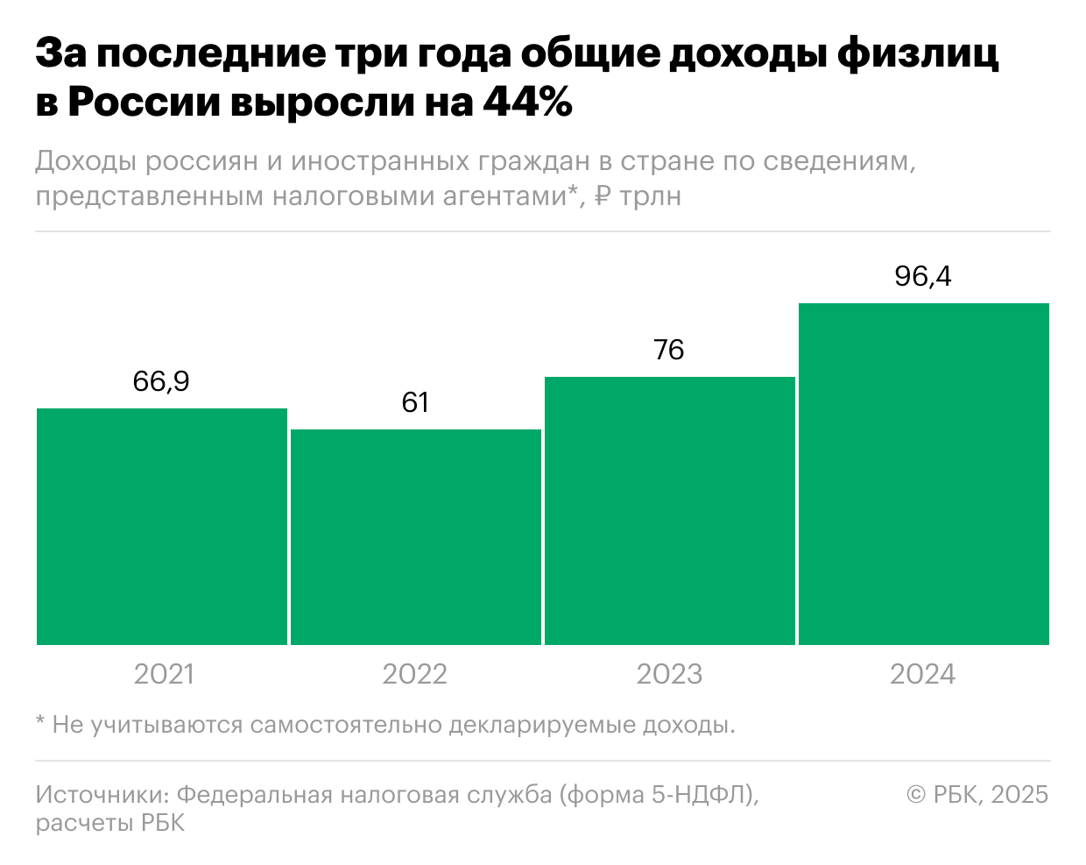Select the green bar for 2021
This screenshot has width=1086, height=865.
click(162, 526)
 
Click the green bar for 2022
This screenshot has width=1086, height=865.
click(416, 536)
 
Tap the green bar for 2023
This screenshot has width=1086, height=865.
click(670, 510)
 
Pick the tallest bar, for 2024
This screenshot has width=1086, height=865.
click(924, 473)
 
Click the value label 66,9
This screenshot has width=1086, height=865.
click(162, 382)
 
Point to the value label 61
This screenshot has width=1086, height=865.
click(415, 403)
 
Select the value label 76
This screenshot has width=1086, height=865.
click(669, 351)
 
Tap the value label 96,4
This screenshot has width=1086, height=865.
click(923, 277)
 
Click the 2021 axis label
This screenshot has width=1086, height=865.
click(163, 674)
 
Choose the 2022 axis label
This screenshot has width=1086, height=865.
click(415, 674)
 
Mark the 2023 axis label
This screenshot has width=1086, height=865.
click(669, 674)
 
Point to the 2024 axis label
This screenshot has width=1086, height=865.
click(923, 674)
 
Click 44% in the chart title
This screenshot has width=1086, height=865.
click(525, 102)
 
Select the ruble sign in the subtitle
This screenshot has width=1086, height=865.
click(603, 195)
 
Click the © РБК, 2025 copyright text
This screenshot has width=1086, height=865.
click(977, 794)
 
